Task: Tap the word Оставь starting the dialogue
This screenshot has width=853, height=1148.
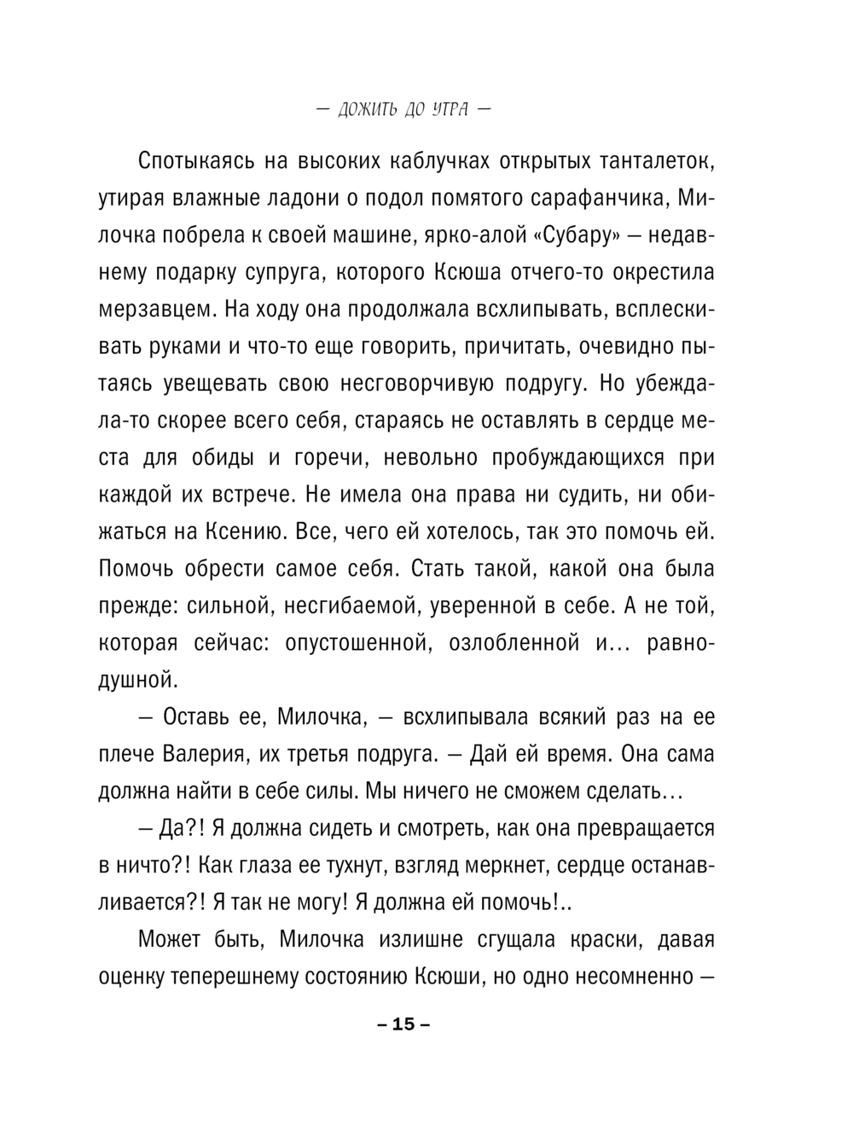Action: pyautogui.click(x=192, y=717)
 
